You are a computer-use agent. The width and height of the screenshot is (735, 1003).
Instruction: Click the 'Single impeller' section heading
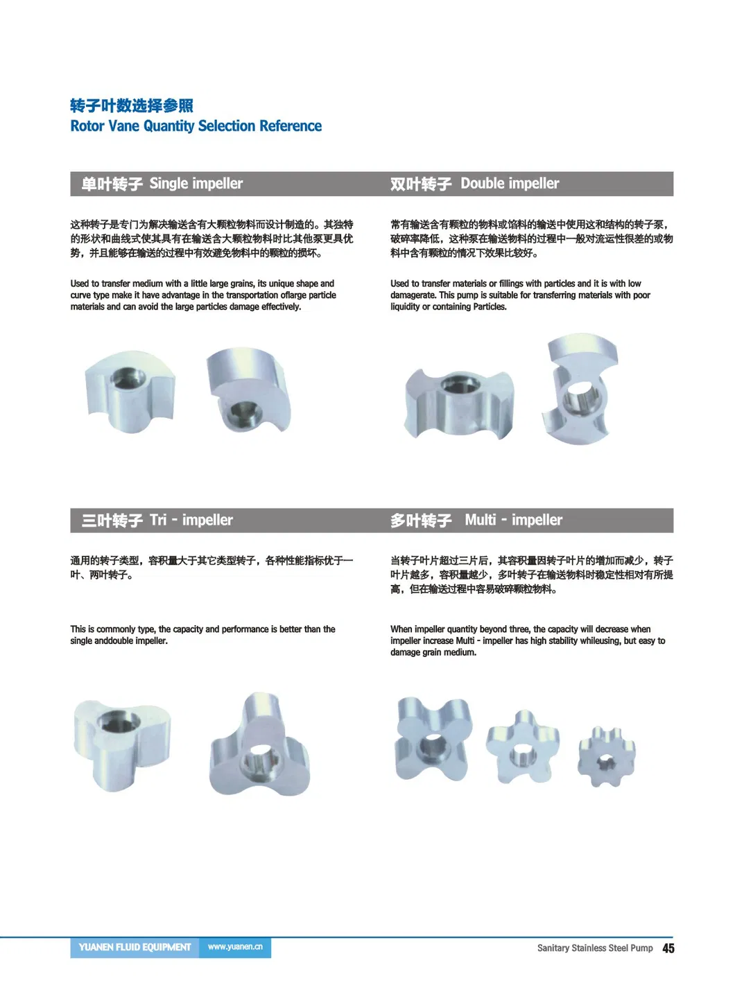(x=196, y=184)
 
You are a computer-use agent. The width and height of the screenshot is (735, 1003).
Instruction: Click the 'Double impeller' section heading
(x=510, y=184)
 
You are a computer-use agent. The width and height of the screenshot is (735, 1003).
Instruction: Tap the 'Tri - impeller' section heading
(x=191, y=520)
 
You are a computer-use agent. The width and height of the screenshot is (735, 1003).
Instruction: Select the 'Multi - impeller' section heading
(x=513, y=520)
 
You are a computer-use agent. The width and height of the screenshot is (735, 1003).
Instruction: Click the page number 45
(x=668, y=948)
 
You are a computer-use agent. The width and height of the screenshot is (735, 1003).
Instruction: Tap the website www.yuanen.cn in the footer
(x=235, y=947)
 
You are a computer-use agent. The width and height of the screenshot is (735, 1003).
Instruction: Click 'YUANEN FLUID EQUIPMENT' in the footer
(x=135, y=947)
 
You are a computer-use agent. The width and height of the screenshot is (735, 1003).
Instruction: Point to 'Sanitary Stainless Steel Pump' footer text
(x=594, y=948)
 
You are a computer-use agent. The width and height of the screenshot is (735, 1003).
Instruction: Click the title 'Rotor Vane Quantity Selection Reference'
(x=196, y=126)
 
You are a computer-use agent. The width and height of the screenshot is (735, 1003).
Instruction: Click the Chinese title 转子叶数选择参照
(x=132, y=105)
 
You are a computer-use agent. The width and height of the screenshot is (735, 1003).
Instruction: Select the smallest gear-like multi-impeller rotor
(x=606, y=756)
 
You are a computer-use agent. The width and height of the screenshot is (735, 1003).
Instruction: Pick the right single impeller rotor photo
(x=248, y=391)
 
